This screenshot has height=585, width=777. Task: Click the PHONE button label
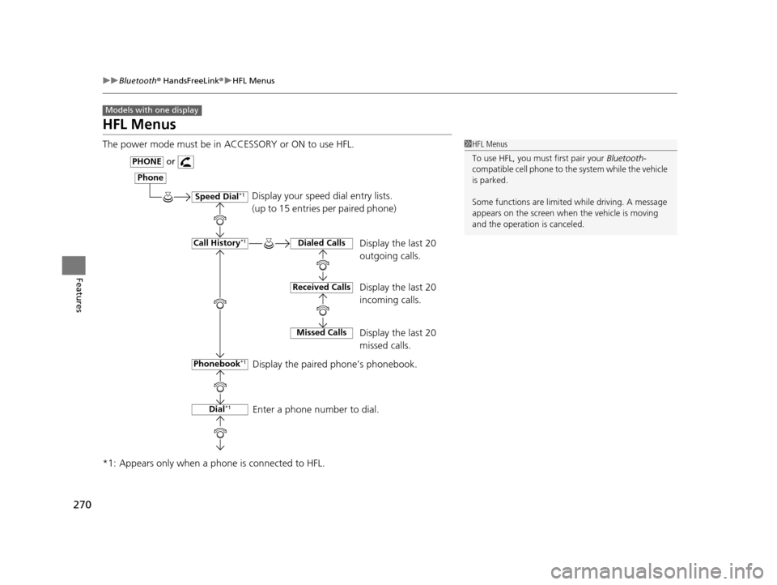tap(147, 161)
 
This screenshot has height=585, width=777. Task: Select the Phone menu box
tap(150, 178)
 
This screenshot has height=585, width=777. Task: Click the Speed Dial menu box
tap(219, 197)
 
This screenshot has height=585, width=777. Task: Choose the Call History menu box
tap(219, 243)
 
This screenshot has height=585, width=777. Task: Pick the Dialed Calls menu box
tap(321, 243)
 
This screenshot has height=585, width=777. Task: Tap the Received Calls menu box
tap(321, 288)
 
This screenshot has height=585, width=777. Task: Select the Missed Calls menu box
tap(321, 332)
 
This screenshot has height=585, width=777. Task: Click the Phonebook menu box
tap(219, 365)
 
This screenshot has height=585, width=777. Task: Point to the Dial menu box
tap(219, 410)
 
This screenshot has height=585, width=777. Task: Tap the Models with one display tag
tap(152, 110)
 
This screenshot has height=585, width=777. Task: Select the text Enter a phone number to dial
tap(316, 410)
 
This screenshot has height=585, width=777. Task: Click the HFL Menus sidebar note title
tap(490, 144)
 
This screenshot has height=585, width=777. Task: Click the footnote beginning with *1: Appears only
tap(213, 463)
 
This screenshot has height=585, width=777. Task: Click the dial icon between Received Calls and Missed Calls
tap(322, 310)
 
